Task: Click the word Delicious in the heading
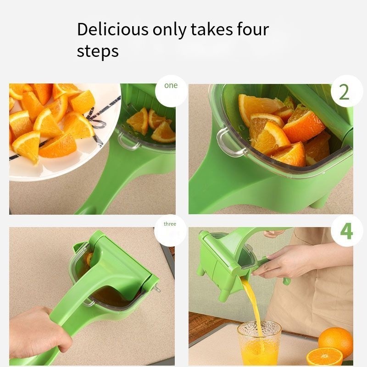tap(112, 29)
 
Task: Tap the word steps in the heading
tap(98, 51)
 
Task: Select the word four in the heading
tap(253, 29)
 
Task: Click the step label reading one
tap(171, 85)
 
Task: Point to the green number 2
tap(344, 92)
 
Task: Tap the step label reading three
tap(170, 224)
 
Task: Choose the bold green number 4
tap(346, 231)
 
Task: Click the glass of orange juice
tap(259, 343)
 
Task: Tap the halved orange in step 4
tap(324, 357)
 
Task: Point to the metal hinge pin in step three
tap(156, 289)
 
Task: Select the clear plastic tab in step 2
tap(228, 142)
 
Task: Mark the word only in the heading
tap(169, 30)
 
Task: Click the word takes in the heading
tap(211, 29)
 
